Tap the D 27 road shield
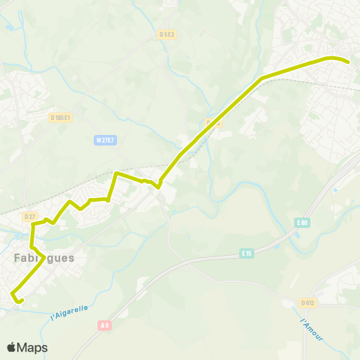click(30, 217)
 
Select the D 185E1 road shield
click(60, 117)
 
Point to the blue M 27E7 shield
click(106, 140)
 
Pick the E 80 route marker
click(302, 222)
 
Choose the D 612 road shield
click(307, 303)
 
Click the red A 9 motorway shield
click(104, 325)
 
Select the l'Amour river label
click(310, 331)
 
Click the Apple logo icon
click(11, 347)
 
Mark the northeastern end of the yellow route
click(349, 61)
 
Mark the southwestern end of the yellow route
click(22, 301)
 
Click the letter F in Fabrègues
click(17, 257)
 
